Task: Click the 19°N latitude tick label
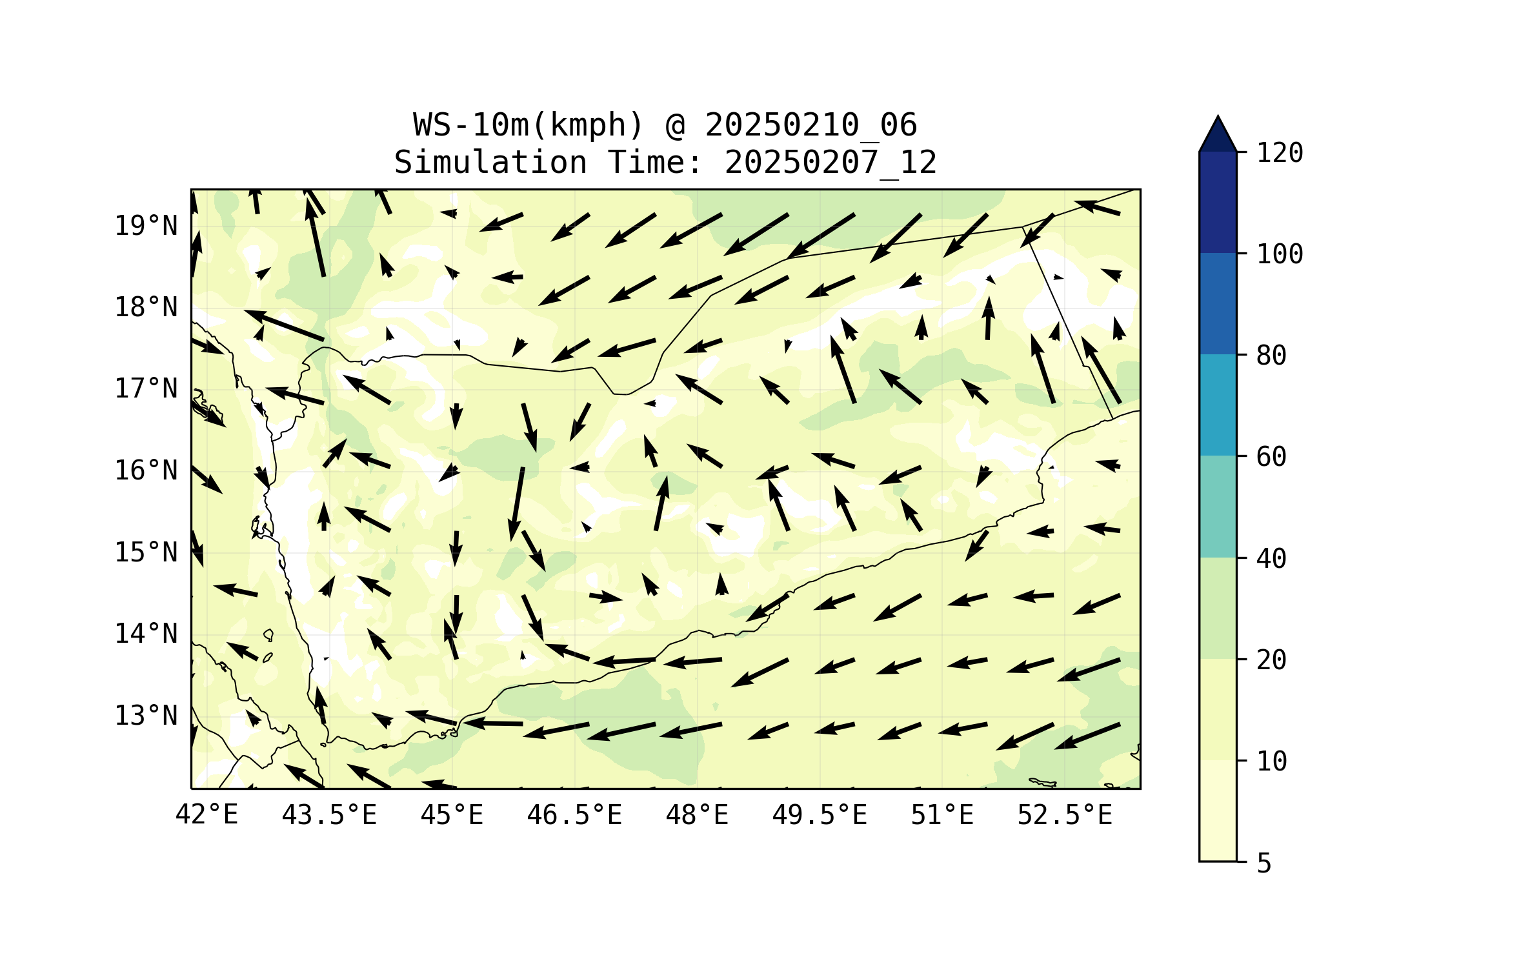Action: click(x=146, y=226)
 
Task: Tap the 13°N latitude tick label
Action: click(x=146, y=716)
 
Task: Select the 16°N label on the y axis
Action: click(x=146, y=470)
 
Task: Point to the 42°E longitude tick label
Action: click(x=206, y=815)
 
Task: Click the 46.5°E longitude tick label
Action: click(x=574, y=815)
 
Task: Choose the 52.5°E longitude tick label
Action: click(x=1065, y=815)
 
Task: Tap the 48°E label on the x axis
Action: click(x=697, y=815)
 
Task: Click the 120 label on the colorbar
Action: click(x=1280, y=153)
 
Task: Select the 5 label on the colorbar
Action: click(x=1264, y=863)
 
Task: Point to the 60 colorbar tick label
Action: click(x=1271, y=457)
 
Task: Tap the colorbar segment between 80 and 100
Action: click(x=1218, y=303)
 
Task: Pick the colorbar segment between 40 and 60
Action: click(x=1218, y=507)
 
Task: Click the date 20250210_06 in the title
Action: click(x=810, y=125)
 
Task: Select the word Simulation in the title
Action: click(x=490, y=162)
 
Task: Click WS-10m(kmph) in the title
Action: click(x=528, y=125)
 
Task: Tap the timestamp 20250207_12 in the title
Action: click(x=830, y=162)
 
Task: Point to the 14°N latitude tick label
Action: click(x=146, y=634)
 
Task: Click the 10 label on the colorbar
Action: click(x=1271, y=761)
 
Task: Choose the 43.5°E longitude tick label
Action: click(x=329, y=815)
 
